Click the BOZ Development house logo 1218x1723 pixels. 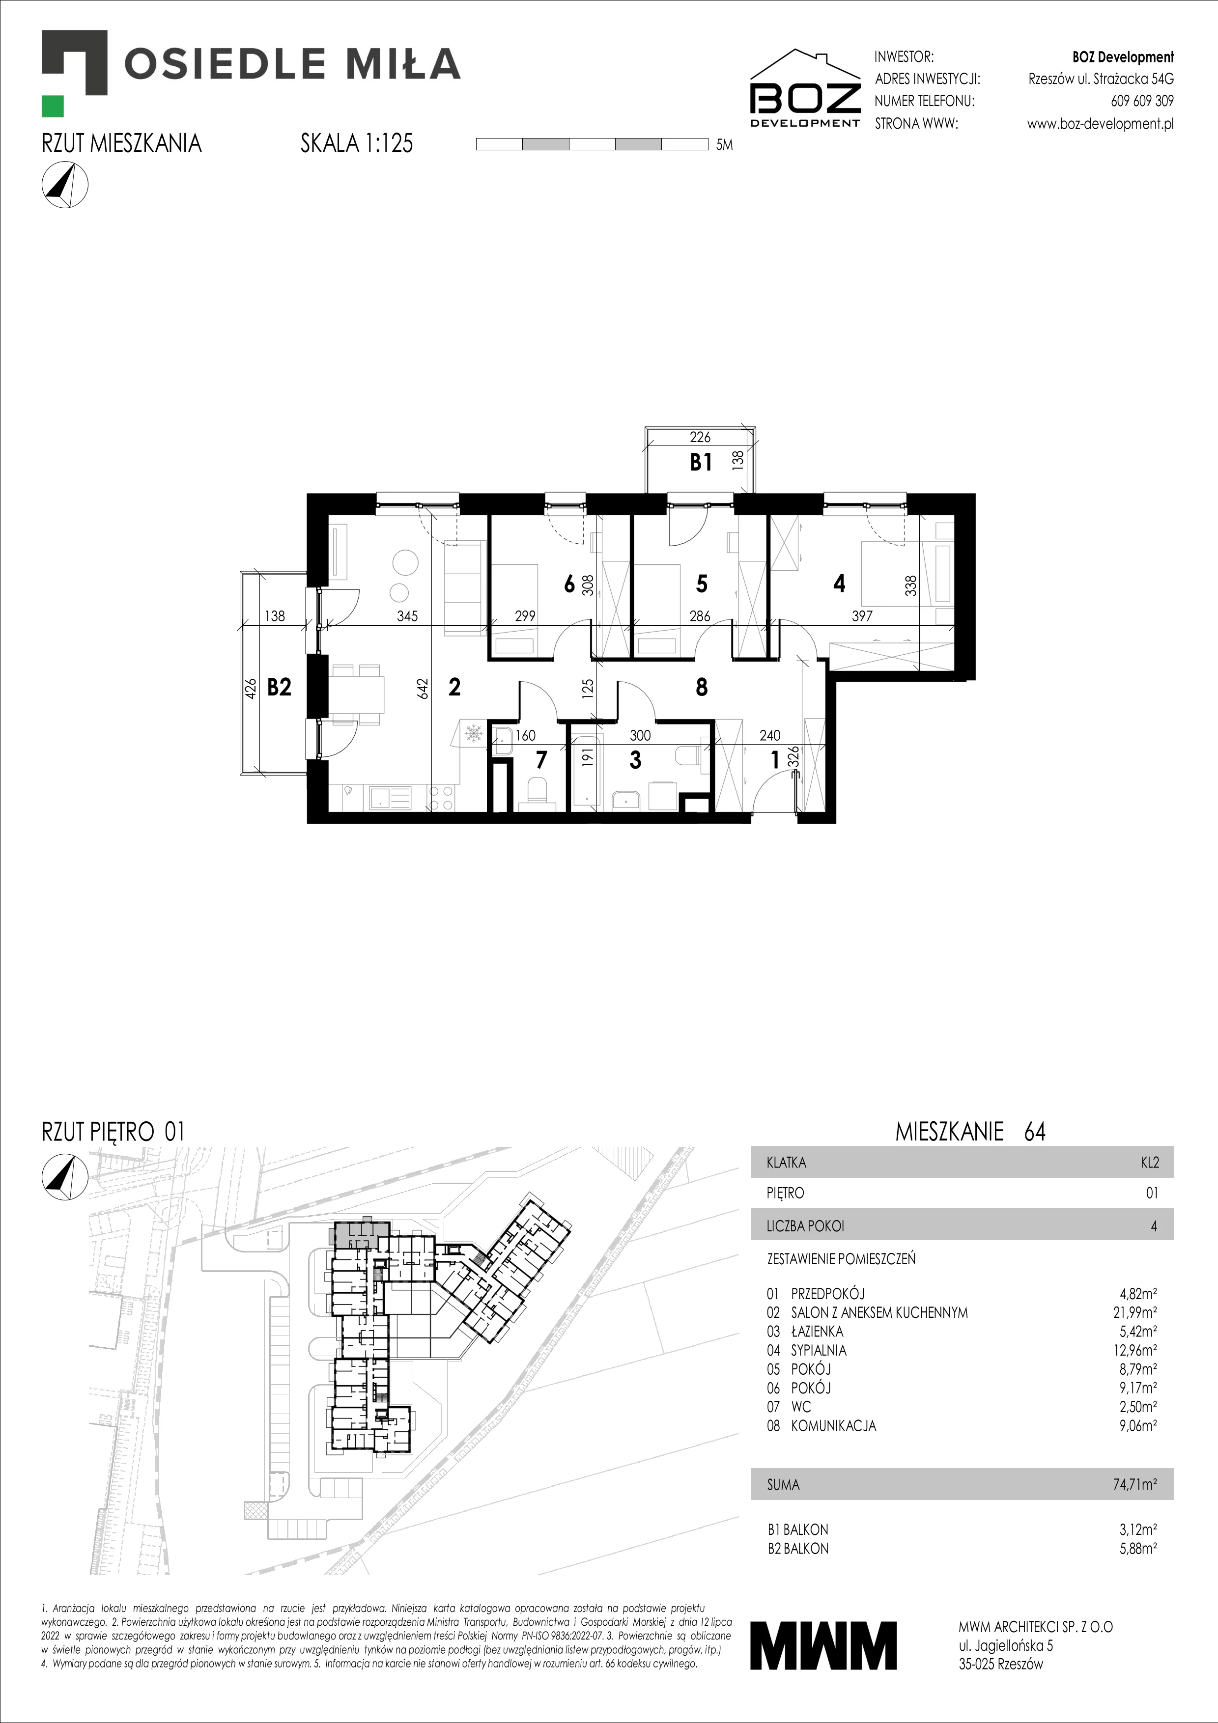(x=806, y=88)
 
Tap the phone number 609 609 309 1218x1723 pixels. (x=1142, y=101)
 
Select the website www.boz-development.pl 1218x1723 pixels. (x=1100, y=124)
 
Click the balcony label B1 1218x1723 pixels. (x=701, y=462)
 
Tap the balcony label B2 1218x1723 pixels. (x=279, y=687)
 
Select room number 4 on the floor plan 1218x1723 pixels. (x=839, y=583)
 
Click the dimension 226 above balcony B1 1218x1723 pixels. (x=700, y=437)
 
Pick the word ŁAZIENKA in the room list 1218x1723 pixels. (x=817, y=1331)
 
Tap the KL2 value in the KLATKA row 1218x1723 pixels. (x=1149, y=1163)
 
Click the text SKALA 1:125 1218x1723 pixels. (x=357, y=143)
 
